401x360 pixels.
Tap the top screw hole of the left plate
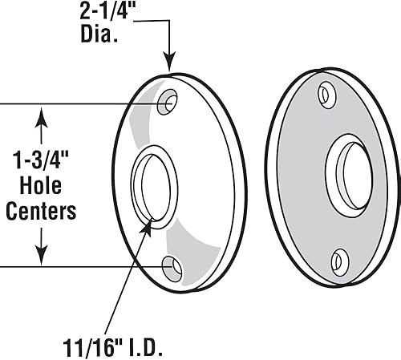tap(169, 103)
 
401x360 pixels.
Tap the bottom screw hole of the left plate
tap(172, 267)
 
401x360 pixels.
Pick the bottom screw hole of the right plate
tap(340, 260)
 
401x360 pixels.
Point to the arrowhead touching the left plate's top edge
tap(169, 62)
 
